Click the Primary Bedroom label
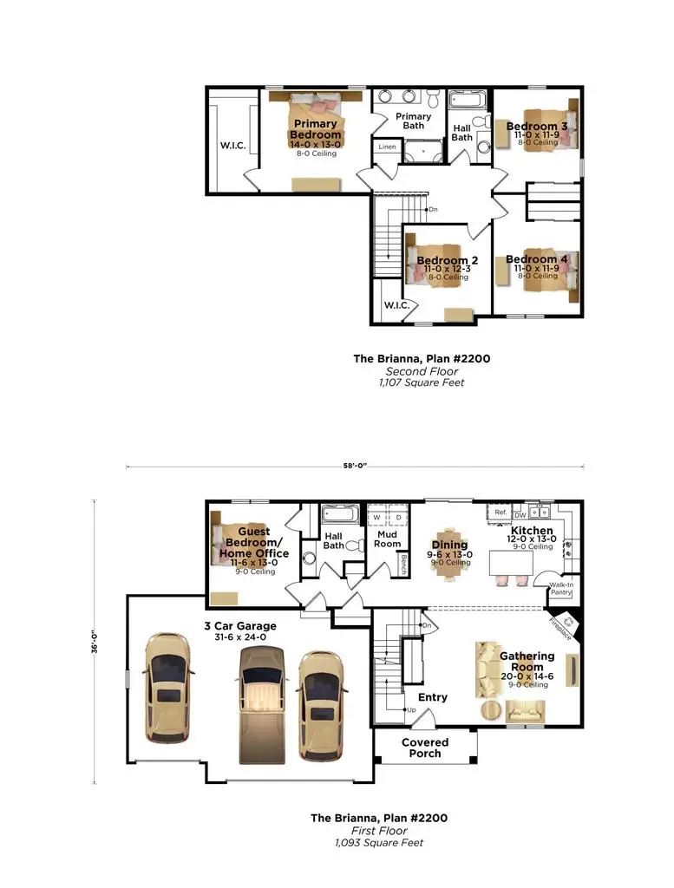(315, 130)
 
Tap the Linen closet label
(386, 147)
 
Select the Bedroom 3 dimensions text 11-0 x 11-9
(536, 135)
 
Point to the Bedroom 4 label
(531, 259)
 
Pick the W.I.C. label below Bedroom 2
(396, 306)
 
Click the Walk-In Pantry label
(561, 589)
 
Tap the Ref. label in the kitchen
(501, 513)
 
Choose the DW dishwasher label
(520, 514)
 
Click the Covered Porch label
(425, 748)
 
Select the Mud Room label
(388, 539)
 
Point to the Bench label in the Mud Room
(403, 565)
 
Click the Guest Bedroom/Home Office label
(254, 542)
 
